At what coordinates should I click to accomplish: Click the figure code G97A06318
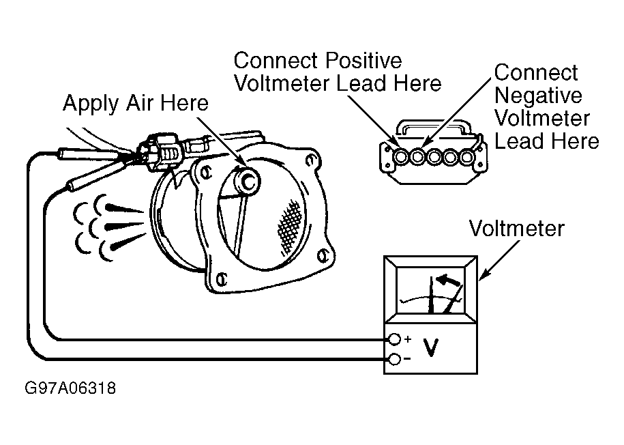click(70, 388)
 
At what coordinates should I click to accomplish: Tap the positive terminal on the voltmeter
click(394, 339)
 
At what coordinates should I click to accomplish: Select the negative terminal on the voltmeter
click(394, 360)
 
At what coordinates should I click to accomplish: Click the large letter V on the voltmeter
click(431, 348)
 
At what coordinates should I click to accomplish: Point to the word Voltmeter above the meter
click(516, 229)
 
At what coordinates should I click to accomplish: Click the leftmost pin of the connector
click(401, 158)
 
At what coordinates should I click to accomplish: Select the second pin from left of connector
click(417, 158)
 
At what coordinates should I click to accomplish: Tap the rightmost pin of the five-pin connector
click(466, 158)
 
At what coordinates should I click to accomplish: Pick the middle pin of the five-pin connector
click(434, 158)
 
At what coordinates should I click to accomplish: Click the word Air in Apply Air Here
click(140, 103)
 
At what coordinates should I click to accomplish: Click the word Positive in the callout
click(363, 61)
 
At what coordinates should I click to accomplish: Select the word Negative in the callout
click(538, 96)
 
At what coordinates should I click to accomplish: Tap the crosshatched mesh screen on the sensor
click(290, 227)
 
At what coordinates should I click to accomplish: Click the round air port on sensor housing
click(248, 182)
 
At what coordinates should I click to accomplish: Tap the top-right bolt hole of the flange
click(310, 160)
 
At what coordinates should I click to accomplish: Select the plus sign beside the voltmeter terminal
click(408, 339)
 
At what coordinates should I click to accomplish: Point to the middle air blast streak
click(125, 227)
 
